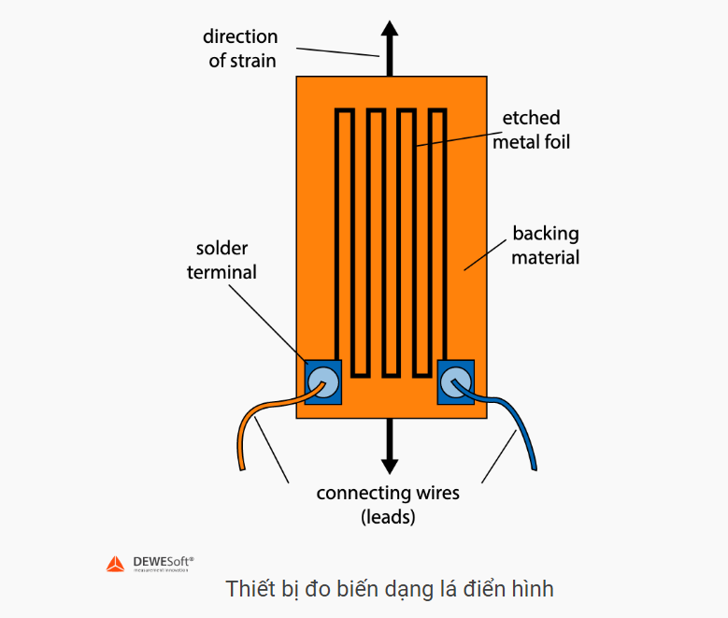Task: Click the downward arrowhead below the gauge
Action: (x=390, y=464)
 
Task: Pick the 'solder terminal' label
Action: (x=221, y=260)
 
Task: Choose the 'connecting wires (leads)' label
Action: (x=388, y=504)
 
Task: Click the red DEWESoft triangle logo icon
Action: (x=114, y=563)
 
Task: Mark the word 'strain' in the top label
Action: (x=255, y=61)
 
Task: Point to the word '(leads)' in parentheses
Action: (x=388, y=516)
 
